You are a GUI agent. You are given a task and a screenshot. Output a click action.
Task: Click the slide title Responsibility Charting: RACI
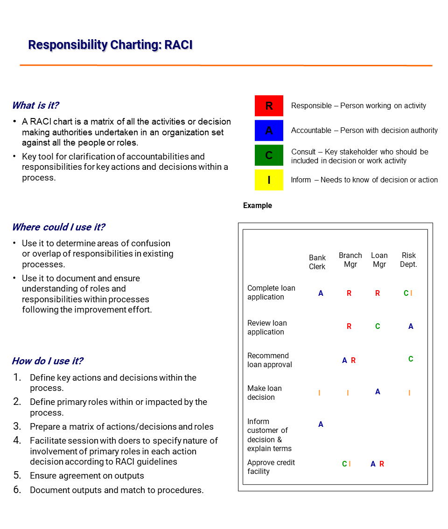(110, 45)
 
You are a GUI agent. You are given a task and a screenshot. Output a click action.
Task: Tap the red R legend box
(269, 106)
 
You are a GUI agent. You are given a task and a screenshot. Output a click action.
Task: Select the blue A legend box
(269, 131)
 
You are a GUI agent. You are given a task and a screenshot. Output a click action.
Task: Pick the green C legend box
(269, 155)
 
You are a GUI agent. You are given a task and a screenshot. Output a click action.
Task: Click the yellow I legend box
(269, 180)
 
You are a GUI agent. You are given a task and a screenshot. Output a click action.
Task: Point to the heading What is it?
(35, 105)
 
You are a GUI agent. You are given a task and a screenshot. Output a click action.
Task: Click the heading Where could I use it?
(58, 227)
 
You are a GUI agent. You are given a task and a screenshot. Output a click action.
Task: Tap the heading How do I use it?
(48, 361)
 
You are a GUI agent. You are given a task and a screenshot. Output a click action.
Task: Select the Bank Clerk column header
(317, 262)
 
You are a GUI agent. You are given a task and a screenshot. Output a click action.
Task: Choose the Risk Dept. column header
(408, 260)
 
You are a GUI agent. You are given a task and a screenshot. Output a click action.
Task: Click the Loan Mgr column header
(379, 260)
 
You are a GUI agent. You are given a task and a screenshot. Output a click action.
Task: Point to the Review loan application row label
(267, 327)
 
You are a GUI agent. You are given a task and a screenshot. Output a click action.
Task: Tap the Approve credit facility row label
(271, 467)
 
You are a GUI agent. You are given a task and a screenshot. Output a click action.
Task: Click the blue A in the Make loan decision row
(378, 392)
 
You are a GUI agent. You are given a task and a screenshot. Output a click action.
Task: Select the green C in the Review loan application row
(378, 327)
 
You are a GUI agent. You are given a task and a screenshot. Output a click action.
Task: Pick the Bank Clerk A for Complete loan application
(321, 293)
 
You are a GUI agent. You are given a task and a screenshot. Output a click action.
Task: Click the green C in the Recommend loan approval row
(411, 359)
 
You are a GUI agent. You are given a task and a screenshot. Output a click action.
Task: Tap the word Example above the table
(258, 206)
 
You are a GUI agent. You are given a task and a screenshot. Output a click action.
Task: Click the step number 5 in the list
(17, 475)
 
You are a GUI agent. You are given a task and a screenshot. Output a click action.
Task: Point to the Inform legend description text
(364, 180)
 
